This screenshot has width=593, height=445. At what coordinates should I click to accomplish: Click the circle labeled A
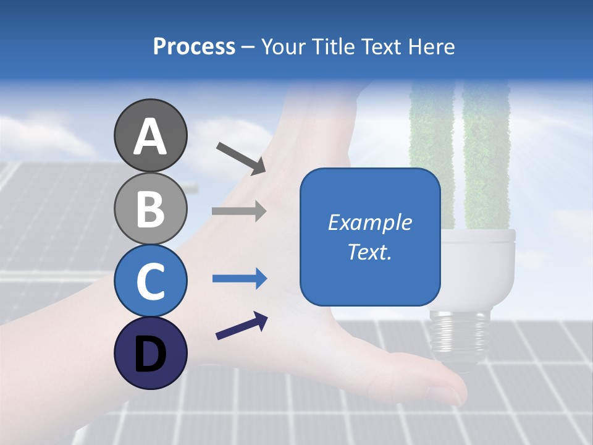[150, 135]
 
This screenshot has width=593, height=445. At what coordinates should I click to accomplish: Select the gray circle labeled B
[150, 208]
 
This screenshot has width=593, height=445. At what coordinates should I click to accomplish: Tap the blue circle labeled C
[150, 281]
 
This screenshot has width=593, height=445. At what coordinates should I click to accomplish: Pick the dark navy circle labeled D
[150, 354]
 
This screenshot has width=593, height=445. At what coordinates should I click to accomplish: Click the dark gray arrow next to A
[241, 158]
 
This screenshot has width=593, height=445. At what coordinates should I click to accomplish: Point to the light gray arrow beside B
[239, 211]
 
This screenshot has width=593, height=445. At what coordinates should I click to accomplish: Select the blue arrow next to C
[239, 279]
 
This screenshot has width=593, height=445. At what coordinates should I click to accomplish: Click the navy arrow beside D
[242, 326]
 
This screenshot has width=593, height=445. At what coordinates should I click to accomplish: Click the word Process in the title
[194, 47]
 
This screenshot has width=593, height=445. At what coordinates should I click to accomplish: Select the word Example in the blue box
[370, 222]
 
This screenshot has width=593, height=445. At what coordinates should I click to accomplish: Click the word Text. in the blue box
[370, 252]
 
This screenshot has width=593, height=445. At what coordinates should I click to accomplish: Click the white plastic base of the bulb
[478, 266]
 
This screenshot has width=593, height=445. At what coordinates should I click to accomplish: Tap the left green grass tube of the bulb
[432, 155]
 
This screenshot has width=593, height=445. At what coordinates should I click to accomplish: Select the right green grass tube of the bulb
[486, 155]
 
